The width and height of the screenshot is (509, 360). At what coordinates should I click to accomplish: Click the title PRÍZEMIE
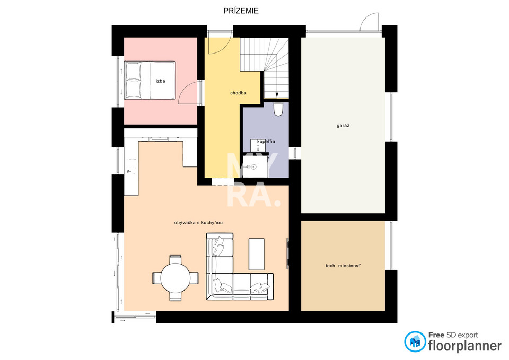coord(241,11)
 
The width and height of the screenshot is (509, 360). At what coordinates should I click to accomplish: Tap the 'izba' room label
coord(160,81)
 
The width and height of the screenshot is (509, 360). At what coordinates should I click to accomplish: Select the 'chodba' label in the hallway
coord(238,93)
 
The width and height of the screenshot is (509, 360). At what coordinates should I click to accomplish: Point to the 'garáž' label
coord(343,125)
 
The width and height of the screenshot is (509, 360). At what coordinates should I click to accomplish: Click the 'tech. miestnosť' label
coord(343,266)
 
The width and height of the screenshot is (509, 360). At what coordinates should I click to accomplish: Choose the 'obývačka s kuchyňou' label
coord(198,223)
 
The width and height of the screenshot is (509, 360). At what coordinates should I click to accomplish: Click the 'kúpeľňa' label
coord(266,141)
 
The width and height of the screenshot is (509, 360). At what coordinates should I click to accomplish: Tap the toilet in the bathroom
coord(278,109)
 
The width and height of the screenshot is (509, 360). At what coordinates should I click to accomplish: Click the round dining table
coord(175,278)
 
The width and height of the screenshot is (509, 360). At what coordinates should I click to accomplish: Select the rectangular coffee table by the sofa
coord(257,254)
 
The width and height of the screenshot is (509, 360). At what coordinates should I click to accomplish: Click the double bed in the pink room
coord(150,80)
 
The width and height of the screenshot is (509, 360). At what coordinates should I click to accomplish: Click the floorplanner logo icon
coord(415,341)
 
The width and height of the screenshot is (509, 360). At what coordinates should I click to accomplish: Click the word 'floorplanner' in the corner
coord(465,346)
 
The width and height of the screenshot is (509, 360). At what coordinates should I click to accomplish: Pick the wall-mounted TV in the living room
coord(287,253)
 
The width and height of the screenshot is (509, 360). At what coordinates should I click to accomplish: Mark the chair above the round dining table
coord(175,259)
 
